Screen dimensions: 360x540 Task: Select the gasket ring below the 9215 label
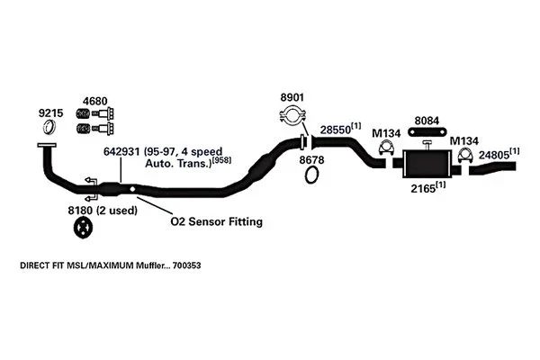click(49, 130)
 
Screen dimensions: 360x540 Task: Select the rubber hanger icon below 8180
click(84, 230)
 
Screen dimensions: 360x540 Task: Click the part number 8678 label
click(311, 158)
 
